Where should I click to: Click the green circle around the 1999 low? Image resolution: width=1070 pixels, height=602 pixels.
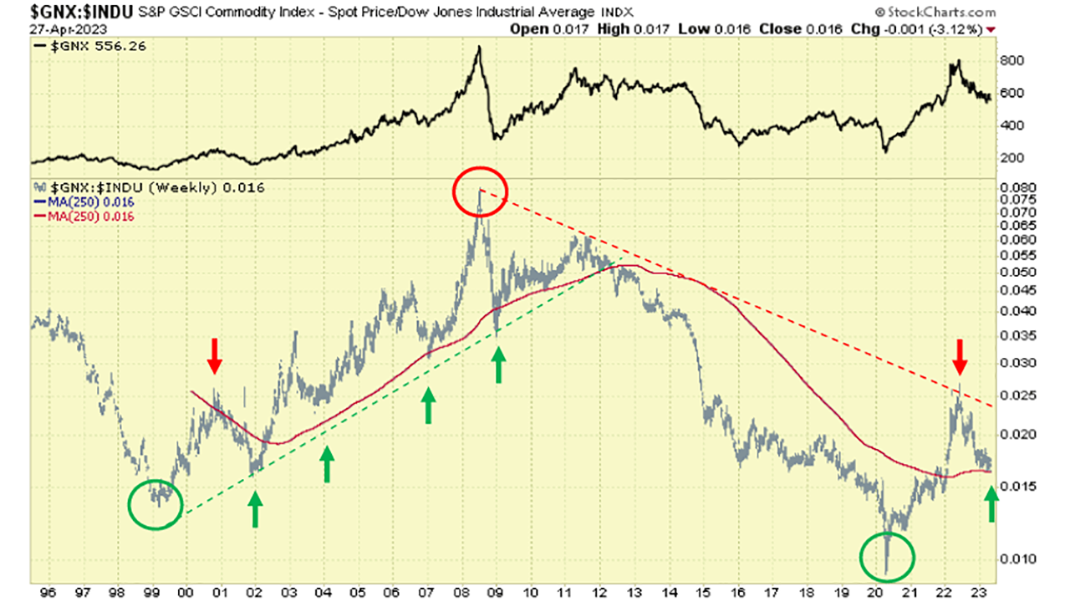[x=155, y=505]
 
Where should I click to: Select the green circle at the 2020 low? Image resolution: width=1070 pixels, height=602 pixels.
[x=888, y=556]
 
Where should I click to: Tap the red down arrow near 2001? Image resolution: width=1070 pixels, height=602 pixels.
[x=215, y=356]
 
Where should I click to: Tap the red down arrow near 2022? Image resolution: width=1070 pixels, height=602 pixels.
[x=960, y=357]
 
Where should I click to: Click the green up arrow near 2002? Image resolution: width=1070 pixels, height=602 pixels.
[x=255, y=509]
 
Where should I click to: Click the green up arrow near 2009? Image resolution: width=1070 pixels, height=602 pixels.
[x=499, y=365]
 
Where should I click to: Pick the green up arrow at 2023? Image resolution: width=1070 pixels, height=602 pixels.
[x=991, y=505]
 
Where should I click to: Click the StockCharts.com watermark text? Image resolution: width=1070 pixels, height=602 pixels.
[x=935, y=12]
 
